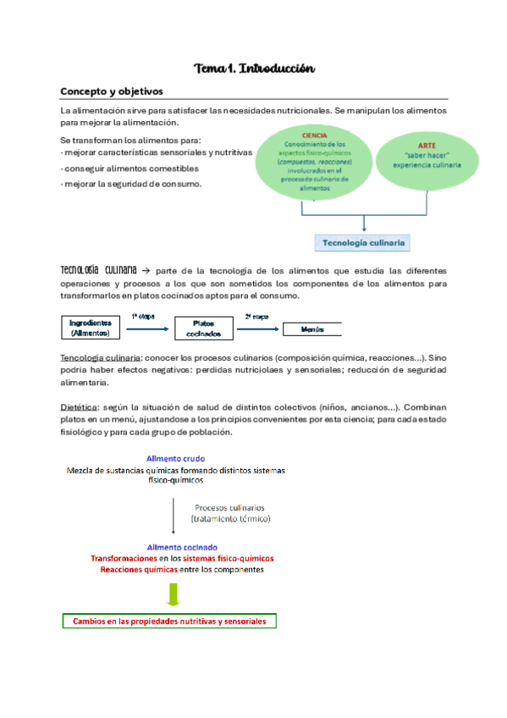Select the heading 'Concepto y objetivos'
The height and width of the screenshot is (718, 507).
pyautogui.click(x=111, y=91)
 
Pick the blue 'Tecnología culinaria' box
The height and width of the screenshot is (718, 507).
pyautogui.click(x=364, y=243)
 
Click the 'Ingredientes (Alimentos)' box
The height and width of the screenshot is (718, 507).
pyautogui.click(x=91, y=328)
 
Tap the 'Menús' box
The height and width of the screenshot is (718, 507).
pyautogui.click(x=311, y=328)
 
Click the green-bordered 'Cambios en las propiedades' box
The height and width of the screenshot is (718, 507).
pyautogui.click(x=169, y=621)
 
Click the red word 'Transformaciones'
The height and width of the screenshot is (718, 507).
pyautogui.click(x=124, y=559)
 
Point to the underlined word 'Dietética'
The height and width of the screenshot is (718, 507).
pyautogui.click(x=80, y=405)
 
